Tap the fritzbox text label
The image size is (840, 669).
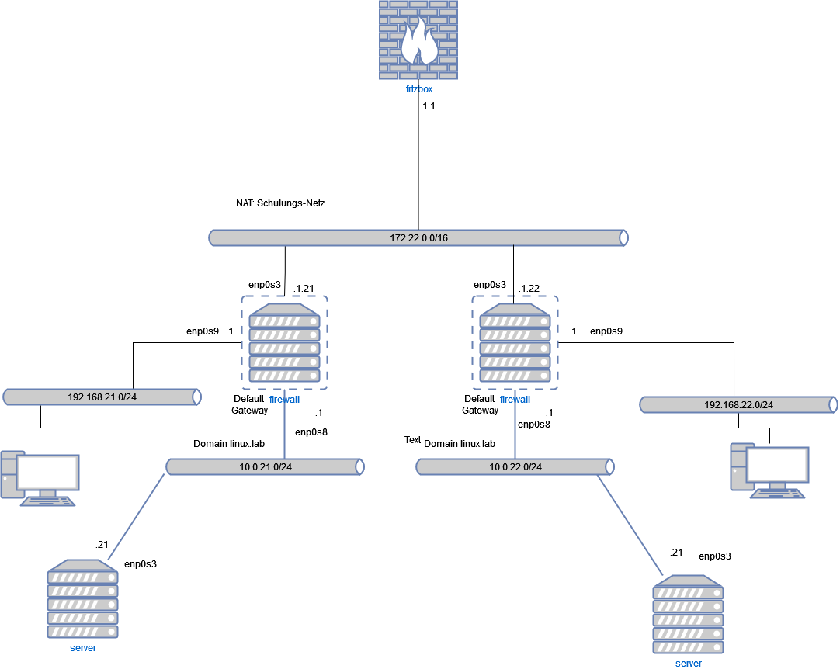pos(418,89)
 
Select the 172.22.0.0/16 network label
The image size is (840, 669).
pos(418,237)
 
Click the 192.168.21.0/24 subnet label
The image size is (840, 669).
pos(102,397)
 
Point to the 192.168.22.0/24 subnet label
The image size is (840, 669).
pos(738,405)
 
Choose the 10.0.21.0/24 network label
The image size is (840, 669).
pos(265,467)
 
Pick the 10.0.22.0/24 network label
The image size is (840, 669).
pos(515,467)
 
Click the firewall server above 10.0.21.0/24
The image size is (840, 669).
pos(284,342)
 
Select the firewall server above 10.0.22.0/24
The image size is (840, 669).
pos(515,342)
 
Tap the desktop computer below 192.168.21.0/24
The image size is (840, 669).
pos(40,477)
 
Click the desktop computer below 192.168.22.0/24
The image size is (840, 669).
pos(769,470)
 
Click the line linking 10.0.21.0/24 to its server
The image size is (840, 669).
pos(137,516)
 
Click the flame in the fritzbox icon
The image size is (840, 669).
pos(419,43)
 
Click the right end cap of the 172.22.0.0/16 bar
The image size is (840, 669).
pos(623,237)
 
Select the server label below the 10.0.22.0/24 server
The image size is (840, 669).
pos(688,664)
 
